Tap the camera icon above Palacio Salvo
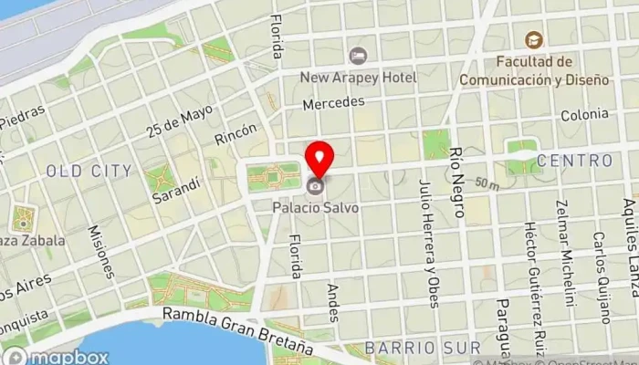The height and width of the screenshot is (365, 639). pos(315,187)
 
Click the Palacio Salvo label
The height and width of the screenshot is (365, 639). pos(315,207)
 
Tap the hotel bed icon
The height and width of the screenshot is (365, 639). pos(357,56)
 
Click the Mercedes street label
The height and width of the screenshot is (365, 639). pos(332,105)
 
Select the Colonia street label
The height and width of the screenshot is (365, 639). pos(584,115)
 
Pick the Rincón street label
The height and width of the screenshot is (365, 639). pos(236,135)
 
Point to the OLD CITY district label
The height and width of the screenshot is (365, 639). pos(89,171)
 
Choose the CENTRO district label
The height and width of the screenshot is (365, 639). pos(574,161)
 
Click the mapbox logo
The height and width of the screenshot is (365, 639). pos(55,357)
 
